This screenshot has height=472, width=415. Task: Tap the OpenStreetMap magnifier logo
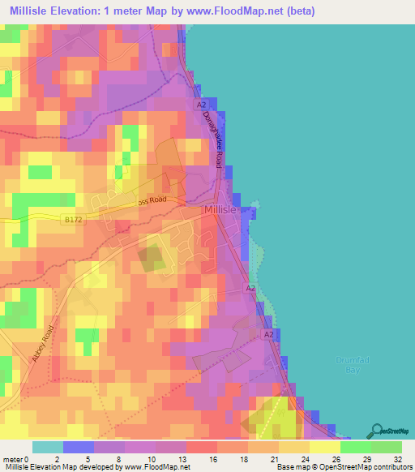[376, 430]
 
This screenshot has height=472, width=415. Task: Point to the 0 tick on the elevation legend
[33, 458]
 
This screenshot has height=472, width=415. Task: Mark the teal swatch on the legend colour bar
[48, 447]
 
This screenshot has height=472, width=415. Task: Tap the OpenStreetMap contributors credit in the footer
[364, 467]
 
